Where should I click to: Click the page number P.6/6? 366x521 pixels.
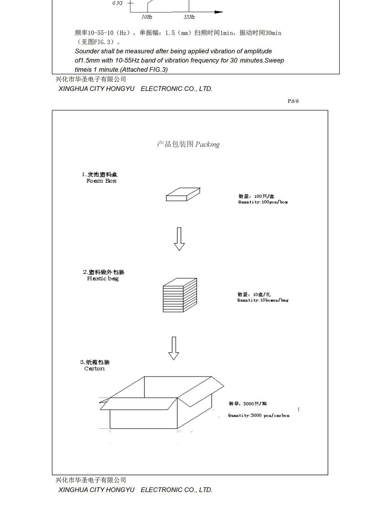pos(293,101)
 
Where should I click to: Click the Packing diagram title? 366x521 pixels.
pos(188,144)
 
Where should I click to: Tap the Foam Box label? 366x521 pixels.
pos(101,181)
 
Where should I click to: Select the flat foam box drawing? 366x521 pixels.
pos(183,194)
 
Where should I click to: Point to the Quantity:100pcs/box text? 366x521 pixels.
pos(263,202)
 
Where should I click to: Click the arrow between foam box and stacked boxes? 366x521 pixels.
pos(179,239)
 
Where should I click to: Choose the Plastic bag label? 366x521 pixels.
pos(103,278)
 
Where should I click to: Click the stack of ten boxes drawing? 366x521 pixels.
pos(180,295)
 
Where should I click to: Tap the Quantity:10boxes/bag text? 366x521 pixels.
pos(263,300)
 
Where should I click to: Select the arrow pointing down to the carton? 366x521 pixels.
pos(174,348)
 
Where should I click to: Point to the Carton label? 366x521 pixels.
pos(94,368)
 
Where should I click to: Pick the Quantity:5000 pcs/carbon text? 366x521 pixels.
pos(258,415)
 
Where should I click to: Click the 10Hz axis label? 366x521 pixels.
pos(147,17)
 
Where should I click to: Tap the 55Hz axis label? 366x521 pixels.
pos(189,17)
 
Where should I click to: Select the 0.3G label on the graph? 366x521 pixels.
pos(117,3)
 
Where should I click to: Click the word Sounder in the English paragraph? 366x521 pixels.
pos(87,51)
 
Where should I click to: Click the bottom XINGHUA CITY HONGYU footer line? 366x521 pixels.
pos(135,490)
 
